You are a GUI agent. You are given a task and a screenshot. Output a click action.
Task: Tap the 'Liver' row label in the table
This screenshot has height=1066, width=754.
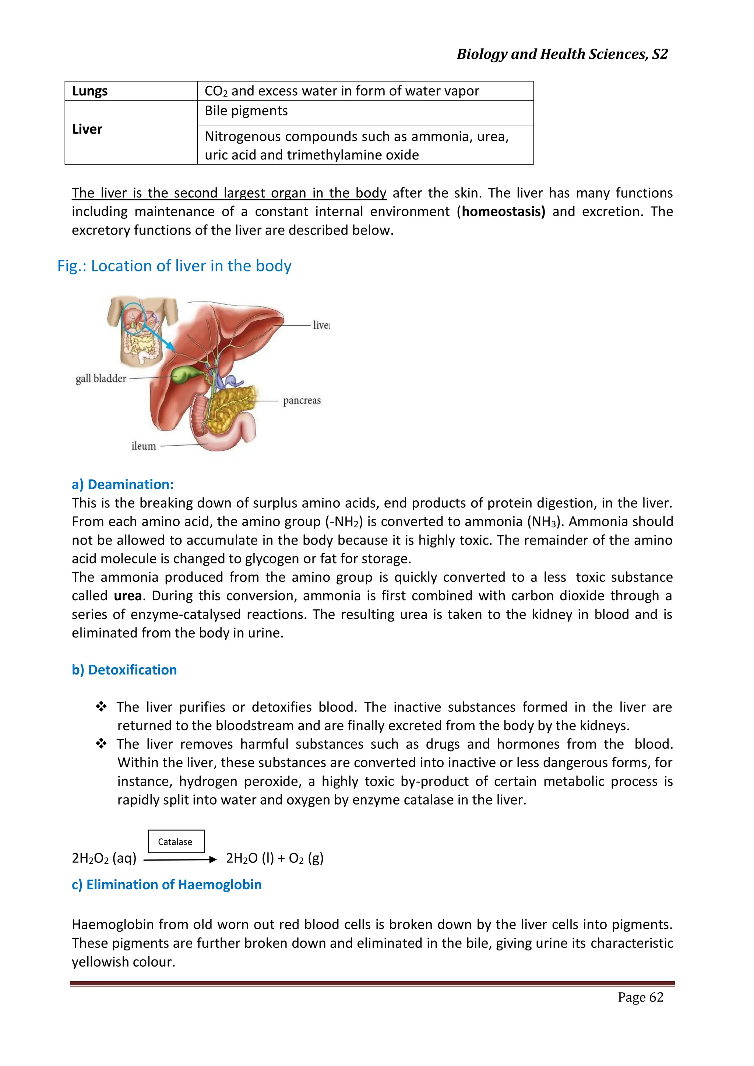(87, 129)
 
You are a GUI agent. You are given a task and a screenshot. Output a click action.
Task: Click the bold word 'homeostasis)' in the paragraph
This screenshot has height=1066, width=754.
(503, 212)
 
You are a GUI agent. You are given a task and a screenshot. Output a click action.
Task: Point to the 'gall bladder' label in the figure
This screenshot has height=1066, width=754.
(101, 379)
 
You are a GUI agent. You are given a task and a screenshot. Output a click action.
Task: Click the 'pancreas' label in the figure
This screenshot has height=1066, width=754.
(302, 400)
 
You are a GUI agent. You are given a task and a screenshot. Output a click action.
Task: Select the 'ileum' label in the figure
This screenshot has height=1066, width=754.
(144, 446)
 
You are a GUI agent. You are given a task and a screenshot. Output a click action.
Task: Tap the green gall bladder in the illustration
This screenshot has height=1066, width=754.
(185, 374)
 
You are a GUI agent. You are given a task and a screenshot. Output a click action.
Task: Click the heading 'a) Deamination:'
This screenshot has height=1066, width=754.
(123, 484)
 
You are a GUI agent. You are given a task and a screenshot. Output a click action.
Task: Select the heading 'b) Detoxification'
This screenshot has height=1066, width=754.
(124, 669)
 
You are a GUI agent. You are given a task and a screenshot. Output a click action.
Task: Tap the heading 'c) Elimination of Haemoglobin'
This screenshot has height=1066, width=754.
(167, 884)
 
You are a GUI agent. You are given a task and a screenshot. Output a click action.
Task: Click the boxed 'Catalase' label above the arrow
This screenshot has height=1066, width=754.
(176, 841)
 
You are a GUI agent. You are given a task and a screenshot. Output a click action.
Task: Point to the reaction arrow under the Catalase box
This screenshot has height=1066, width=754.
(180, 859)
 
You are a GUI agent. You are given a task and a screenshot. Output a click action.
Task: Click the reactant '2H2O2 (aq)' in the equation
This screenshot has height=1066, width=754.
(104, 858)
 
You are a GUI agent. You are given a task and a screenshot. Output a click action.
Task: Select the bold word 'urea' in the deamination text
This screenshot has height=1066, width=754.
(128, 596)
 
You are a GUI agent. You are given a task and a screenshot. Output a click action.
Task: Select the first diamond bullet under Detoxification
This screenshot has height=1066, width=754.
(101, 707)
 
